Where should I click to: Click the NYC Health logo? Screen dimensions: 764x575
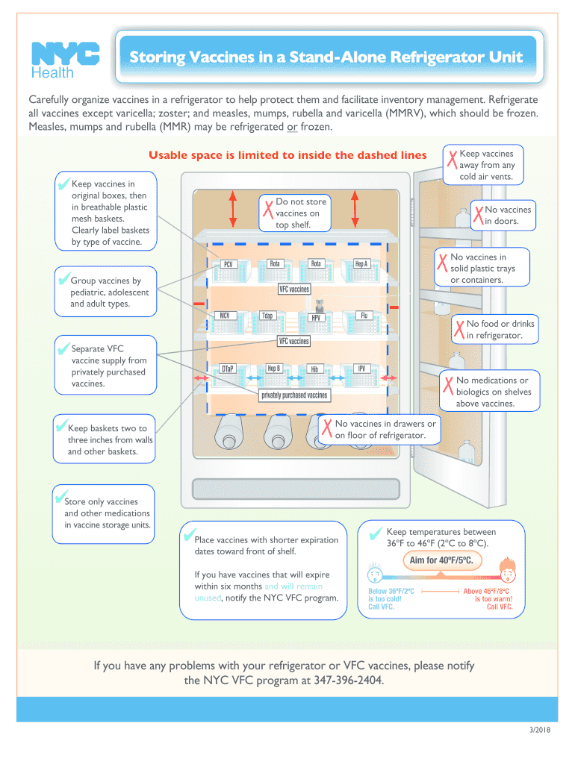click(x=64, y=58)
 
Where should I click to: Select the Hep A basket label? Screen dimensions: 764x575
click(x=362, y=263)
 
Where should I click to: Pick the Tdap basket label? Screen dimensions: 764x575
click(x=267, y=316)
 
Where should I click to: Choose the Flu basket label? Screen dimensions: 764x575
click(x=364, y=315)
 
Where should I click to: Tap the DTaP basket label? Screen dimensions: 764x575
click(x=227, y=369)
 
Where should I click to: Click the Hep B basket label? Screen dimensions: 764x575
click(x=273, y=368)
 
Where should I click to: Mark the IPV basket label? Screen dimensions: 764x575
click(x=361, y=368)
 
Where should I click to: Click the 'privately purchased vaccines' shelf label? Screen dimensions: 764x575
click(x=294, y=395)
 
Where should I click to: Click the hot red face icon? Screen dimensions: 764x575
click(x=509, y=574)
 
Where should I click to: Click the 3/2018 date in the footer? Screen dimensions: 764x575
click(x=538, y=730)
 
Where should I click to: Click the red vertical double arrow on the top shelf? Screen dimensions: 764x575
click(x=234, y=208)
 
